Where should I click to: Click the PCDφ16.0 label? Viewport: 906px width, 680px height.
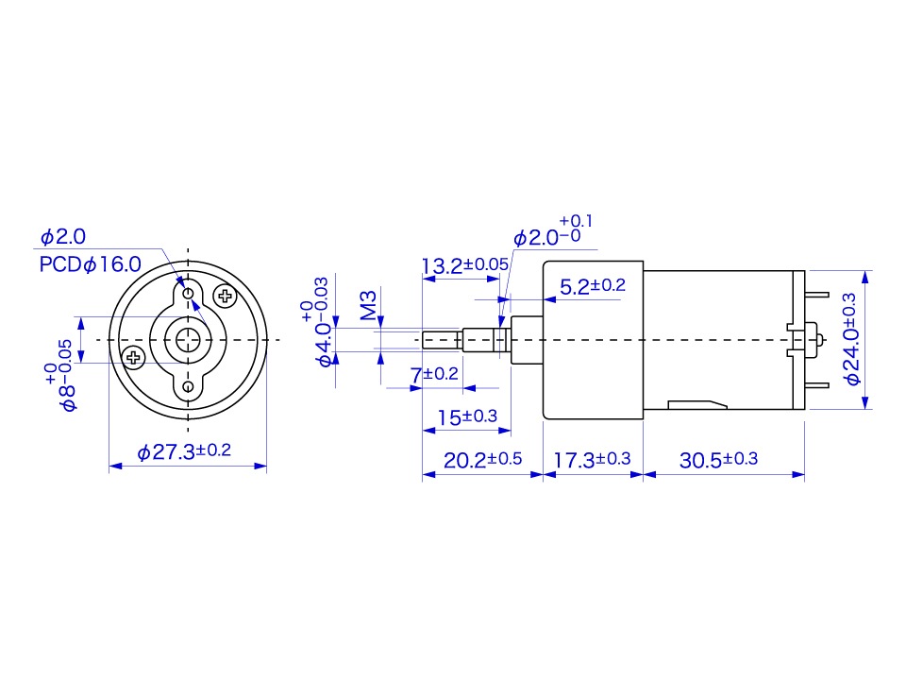pos(91,264)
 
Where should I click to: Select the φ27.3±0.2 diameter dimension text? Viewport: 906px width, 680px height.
pos(184,451)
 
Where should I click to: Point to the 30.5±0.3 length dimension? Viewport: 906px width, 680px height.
pos(718,460)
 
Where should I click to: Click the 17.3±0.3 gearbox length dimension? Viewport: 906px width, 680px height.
pos(592,460)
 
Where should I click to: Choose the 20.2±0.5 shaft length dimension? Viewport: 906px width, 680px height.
pos(482,460)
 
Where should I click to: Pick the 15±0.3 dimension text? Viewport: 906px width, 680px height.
pos(467,416)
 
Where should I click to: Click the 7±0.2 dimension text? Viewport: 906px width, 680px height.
pos(434,374)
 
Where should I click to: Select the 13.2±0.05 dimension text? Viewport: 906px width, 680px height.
pos(465,265)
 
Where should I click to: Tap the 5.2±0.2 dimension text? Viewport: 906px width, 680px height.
pos(593,285)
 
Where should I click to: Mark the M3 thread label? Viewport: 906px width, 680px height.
pos(368,305)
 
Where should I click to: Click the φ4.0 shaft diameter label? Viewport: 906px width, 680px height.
pos(325,346)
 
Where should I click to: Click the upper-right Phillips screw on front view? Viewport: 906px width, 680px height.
pos(225,296)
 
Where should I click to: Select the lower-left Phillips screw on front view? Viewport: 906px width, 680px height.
pos(133,357)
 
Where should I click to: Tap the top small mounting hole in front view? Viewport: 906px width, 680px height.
pos(188,294)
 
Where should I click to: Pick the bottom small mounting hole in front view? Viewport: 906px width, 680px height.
pos(188,386)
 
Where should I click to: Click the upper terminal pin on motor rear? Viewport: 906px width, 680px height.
pos(817,295)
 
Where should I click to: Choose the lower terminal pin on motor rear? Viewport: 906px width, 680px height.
pos(817,385)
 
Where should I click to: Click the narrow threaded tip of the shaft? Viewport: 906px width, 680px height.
pos(442,340)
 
